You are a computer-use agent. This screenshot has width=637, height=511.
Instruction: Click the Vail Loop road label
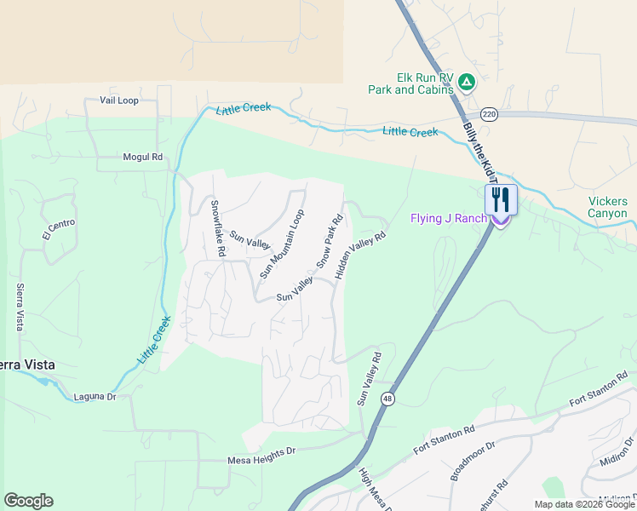[118, 100]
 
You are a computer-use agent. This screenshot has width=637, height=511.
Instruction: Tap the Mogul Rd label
[142, 157]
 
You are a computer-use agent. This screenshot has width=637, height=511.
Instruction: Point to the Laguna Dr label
[94, 397]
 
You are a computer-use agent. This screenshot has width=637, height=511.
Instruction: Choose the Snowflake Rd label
[217, 228]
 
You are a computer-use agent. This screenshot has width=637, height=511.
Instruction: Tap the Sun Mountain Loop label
[282, 244]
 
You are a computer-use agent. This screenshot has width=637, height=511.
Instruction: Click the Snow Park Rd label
[330, 242]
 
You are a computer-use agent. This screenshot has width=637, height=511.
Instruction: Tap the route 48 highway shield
[387, 399]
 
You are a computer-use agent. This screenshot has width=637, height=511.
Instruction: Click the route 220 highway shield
[488, 114]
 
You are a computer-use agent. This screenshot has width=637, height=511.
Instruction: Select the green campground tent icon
[466, 82]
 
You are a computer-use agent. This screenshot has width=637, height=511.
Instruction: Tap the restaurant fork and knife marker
[501, 200]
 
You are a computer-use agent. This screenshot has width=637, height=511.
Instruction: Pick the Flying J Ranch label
[448, 219]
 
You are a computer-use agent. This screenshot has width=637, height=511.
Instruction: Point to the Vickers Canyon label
[608, 208]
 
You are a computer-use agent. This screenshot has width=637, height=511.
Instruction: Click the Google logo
[28, 501]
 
